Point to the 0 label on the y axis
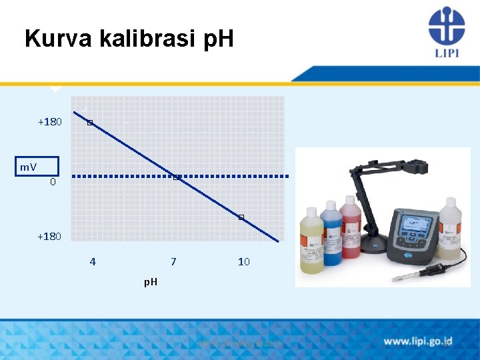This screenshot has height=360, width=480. click(x=53, y=182)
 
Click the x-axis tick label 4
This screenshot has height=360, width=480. click(x=93, y=262)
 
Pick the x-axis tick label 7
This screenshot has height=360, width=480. click(x=173, y=262)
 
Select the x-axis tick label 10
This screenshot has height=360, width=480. click(x=243, y=262)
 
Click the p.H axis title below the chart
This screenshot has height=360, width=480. click(x=151, y=282)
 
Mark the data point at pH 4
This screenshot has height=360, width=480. click(x=89, y=123)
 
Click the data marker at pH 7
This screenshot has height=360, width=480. click(x=175, y=177)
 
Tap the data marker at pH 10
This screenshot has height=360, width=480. click(x=241, y=218)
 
